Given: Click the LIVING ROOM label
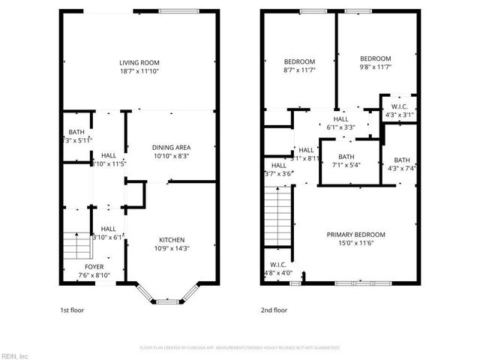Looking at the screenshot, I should tap(139, 62).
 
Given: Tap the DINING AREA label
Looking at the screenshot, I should tap(171, 147).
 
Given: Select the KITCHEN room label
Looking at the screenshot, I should tap(171, 240).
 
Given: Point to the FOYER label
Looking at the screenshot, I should tap(94, 267).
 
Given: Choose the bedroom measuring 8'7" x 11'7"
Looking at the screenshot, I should tap(298, 61).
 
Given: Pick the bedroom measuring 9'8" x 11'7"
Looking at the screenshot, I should tap(375, 58).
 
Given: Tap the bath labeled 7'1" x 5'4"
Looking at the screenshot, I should tap(346, 157).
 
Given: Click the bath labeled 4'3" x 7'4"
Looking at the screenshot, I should tap(402, 160).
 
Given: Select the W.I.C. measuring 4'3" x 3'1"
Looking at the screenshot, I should tap(398, 106).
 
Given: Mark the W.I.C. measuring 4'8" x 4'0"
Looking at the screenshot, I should tap(278, 265).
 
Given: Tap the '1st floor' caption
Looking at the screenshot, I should tap(72, 310).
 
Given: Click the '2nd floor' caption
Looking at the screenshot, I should tap(274, 310).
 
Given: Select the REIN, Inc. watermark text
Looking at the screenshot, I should tap(15, 355).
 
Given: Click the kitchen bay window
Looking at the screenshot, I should tap(169, 299).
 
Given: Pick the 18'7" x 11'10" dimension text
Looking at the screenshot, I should tap(139, 70).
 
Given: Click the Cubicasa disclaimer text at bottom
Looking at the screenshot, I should tap(240, 348).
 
